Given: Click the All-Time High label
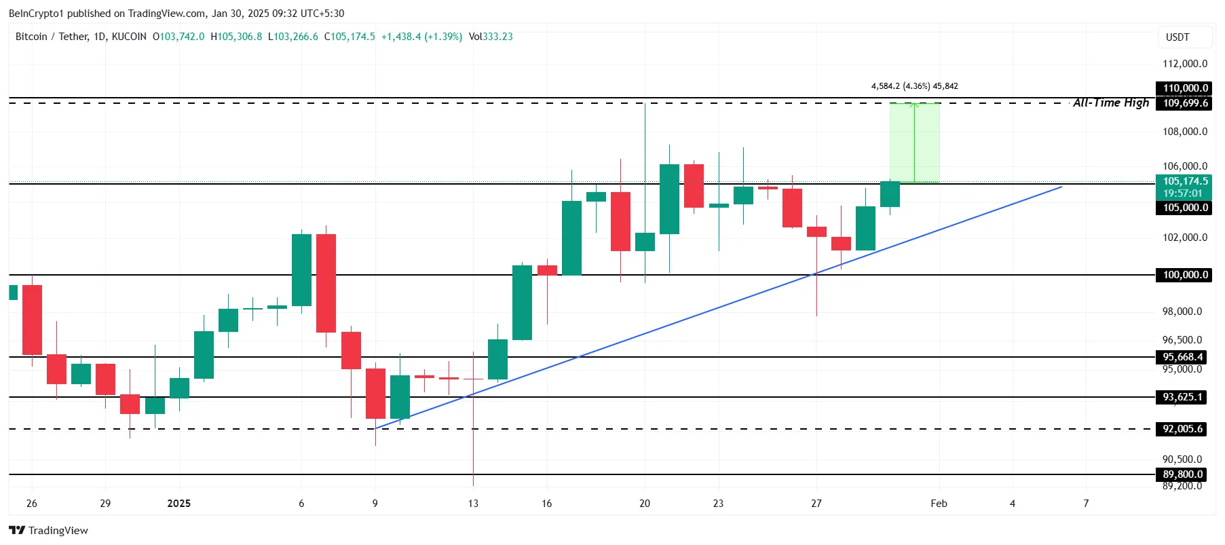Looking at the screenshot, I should coord(1110,102).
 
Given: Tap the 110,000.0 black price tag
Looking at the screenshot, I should coord(1185,88).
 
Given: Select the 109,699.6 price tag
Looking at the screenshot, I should coord(1185,103).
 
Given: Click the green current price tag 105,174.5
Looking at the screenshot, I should coord(1185,182).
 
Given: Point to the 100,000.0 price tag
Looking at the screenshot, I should coord(1185,275).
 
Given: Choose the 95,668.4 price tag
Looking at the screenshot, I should coord(1182,357).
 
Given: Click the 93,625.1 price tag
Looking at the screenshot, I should coord(1182,397).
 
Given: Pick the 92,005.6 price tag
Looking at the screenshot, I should coord(1182,429).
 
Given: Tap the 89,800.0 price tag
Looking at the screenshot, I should coord(1182,474).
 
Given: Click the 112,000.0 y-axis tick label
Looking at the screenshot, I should coord(1185,64).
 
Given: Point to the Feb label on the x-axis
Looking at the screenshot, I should coord(939,504).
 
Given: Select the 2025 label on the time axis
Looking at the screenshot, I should coord(178,504).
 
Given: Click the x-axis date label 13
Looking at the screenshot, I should coord(473,504).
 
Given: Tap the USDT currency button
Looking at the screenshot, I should coord(1177,37).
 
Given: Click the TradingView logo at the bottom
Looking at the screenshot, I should coord(48,530).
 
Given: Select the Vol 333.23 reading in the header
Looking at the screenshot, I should coord(491,37).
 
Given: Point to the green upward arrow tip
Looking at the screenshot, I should coord(914,105).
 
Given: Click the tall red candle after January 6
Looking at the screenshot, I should coord(326,283).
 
